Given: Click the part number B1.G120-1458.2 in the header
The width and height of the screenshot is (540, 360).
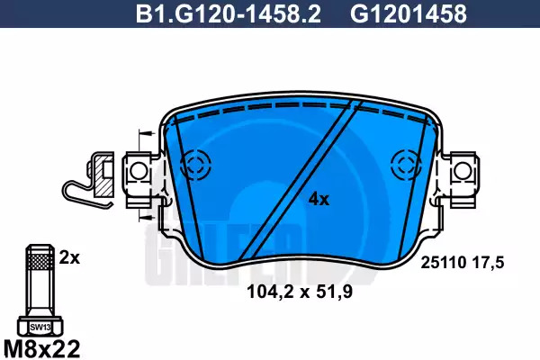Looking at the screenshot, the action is click(x=229, y=14).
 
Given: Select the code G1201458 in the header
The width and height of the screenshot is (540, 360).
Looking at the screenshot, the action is click(x=409, y=14).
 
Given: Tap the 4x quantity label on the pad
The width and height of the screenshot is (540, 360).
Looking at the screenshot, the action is click(x=319, y=199).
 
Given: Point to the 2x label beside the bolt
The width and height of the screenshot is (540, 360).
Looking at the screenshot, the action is click(x=69, y=257).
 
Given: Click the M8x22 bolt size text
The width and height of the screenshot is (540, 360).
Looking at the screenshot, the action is click(x=41, y=348).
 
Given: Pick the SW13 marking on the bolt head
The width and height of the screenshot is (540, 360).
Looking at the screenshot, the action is click(x=40, y=328).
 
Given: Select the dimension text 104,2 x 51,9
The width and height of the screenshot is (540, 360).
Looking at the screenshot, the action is click(x=300, y=292).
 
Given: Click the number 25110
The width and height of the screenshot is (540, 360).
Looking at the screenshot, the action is click(x=443, y=263).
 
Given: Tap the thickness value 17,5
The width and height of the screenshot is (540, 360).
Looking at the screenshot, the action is click(x=488, y=263).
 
